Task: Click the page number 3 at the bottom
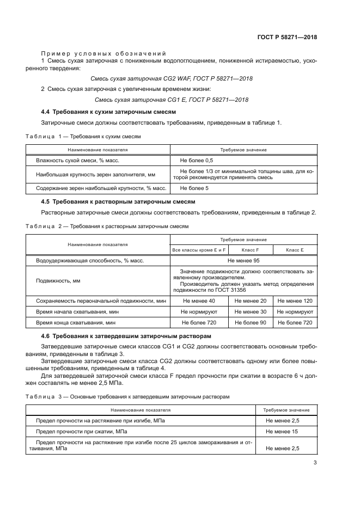tap(315, 463)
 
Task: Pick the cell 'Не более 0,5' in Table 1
tap(197, 161)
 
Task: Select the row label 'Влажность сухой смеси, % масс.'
tap(77, 161)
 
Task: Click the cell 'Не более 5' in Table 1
tap(194, 188)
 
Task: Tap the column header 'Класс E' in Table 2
tap(295, 249)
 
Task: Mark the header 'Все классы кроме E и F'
tap(197, 249)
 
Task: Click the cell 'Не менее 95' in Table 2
tap(243, 261)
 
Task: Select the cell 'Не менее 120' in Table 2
tap(295, 301)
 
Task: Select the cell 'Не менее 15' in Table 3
tap(282, 431)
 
